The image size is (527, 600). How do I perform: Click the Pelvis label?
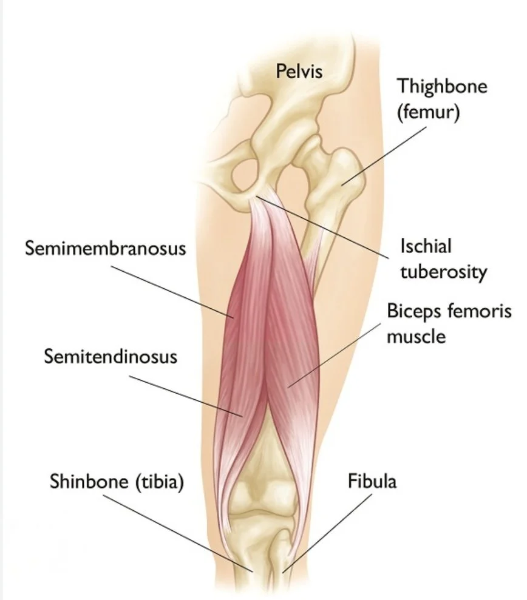coord(299,72)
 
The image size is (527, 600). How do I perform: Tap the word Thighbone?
coord(442,86)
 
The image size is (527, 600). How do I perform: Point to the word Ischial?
coord(426,246)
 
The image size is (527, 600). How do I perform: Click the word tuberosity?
coord(443,272)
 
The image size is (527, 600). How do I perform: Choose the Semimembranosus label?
coord(104,249)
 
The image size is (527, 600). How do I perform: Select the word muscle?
coord(416,336)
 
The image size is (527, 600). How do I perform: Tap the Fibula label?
coord(372,483)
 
